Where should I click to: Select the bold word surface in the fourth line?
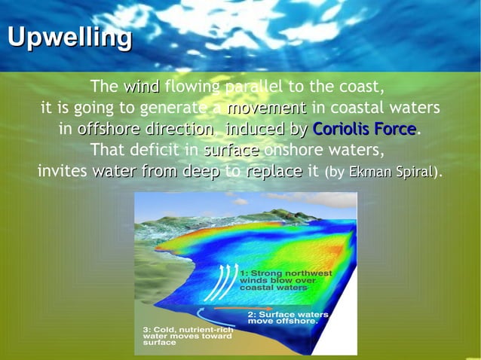(231, 149)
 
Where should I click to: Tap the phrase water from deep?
(155, 171)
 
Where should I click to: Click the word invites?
(63, 171)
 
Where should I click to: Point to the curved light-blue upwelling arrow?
(202, 316)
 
